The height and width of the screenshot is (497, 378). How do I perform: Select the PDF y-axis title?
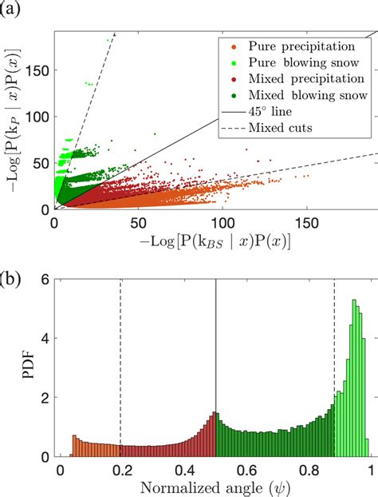[x=15, y=368]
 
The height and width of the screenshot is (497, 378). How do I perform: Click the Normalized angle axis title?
[x=215, y=487]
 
